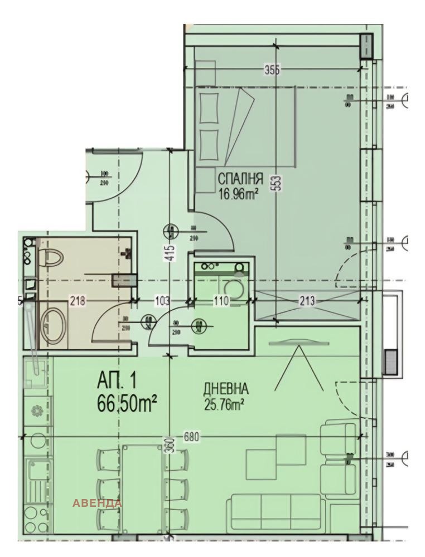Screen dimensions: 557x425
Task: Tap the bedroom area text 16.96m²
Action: point(238,194)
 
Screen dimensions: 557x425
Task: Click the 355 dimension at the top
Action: point(272,70)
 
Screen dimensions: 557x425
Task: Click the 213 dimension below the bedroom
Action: point(306,301)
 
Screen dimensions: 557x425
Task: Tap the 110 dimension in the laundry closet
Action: point(221,301)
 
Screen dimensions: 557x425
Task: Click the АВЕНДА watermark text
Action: point(97,503)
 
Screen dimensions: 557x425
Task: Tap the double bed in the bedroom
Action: point(245,126)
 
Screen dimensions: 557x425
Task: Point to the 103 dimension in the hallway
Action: point(161,301)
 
